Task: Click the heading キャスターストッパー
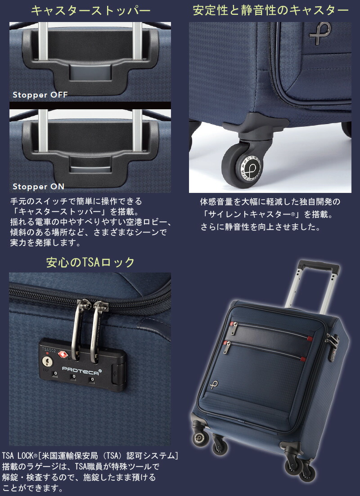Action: (x=90, y=11)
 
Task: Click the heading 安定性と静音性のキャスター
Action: (x=270, y=11)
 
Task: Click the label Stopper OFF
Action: (x=40, y=95)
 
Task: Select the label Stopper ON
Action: (x=38, y=186)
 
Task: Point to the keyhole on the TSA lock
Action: (x=46, y=361)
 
